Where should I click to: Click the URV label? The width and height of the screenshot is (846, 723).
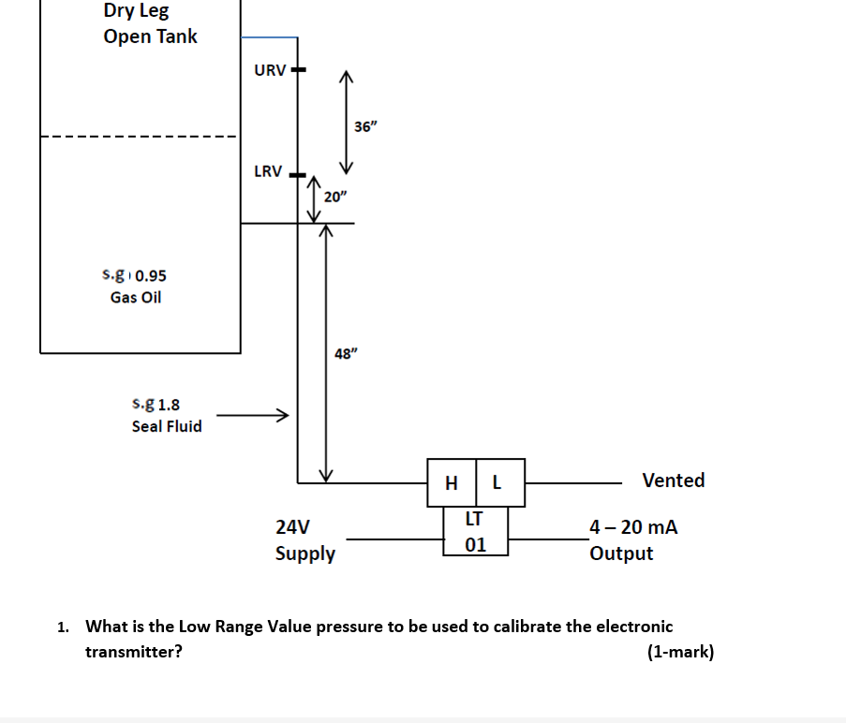(x=270, y=70)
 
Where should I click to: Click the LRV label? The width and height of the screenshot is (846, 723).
(x=268, y=171)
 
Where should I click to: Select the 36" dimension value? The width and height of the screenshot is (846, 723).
(x=365, y=126)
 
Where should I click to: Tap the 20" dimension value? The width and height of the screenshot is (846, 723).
(x=334, y=197)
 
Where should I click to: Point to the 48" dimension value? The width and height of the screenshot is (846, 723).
(x=346, y=353)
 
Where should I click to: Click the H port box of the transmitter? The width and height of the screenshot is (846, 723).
(x=452, y=483)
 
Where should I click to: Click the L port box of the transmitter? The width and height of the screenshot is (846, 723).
(x=499, y=483)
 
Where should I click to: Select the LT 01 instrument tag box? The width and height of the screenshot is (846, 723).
(x=475, y=531)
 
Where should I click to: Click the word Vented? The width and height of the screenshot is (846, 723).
(x=673, y=480)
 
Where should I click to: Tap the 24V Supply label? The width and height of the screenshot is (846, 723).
(x=304, y=539)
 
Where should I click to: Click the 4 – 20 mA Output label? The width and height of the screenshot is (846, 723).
(x=633, y=539)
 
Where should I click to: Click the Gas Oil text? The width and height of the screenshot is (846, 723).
(x=136, y=297)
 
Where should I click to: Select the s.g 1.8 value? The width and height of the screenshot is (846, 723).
(x=156, y=405)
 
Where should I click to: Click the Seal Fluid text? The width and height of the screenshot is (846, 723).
(x=167, y=426)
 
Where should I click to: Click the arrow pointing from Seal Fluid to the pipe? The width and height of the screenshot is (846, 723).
(x=251, y=415)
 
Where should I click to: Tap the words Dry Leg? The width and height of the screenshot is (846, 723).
(x=136, y=11)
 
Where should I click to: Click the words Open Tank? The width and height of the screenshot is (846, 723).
(x=150, y=37)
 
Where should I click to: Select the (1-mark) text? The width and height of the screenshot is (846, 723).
(x=680, y=652)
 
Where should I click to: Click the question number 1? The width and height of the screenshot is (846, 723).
(x=62, y=627)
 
